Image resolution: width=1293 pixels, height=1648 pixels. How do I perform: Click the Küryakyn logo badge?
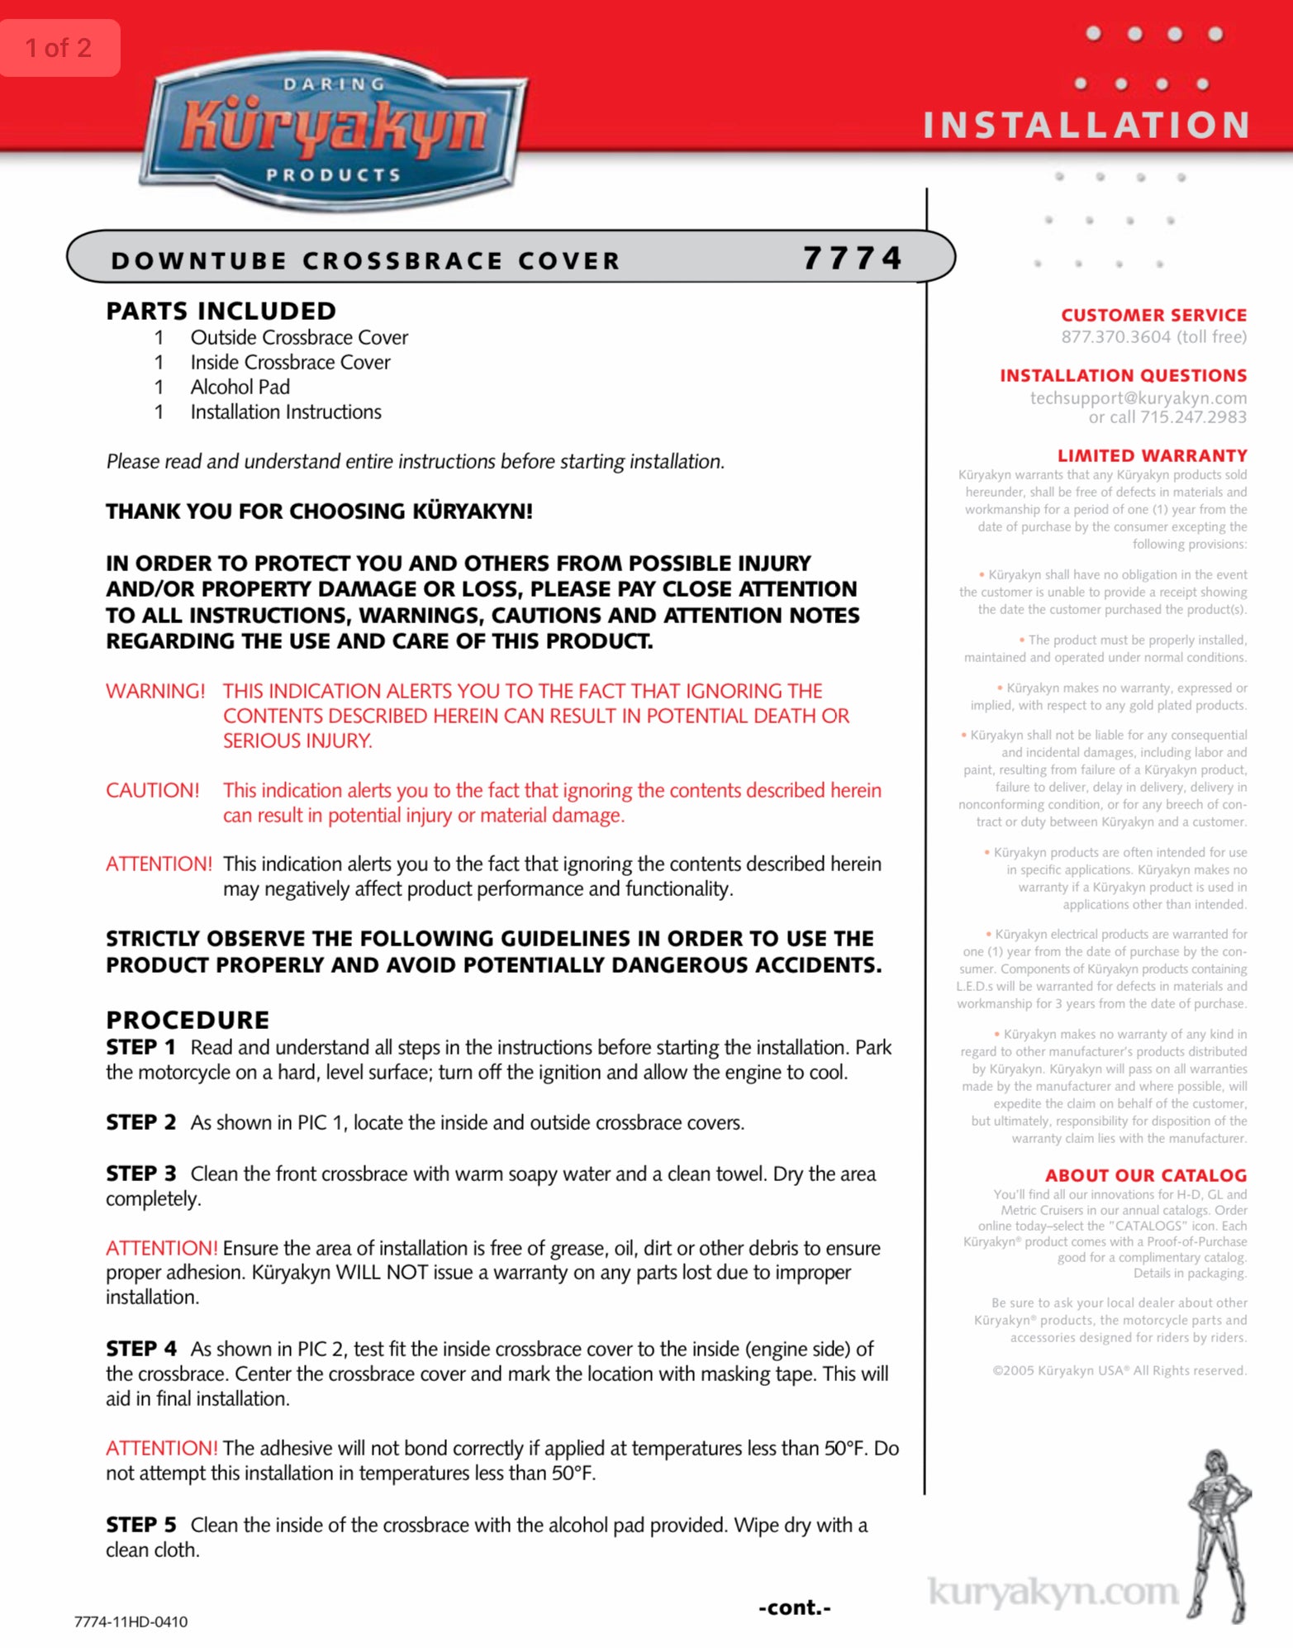(x=334, y=131)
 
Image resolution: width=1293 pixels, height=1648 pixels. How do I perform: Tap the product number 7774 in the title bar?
(x=853, y=259)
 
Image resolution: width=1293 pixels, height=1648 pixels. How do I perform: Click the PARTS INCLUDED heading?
(x=221, y=311)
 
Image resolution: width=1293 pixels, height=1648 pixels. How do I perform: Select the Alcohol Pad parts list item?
(x=240, y=387)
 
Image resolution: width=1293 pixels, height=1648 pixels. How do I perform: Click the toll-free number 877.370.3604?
(x=1115, y=336)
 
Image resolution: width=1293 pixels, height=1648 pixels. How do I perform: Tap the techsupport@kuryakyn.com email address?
(x=1138, y=398)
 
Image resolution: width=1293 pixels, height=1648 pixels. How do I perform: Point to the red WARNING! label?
(x=155, y=691)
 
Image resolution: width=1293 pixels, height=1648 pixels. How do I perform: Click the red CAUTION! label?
(x=153, y=790)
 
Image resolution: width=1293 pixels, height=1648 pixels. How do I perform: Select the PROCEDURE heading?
(x=188, y=1019)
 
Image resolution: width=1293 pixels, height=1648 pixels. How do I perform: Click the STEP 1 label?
(x=140, y=1047)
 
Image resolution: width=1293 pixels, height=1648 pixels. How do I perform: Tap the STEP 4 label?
(x=140, y=1349)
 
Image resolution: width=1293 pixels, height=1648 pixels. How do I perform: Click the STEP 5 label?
(x=140, y=1525)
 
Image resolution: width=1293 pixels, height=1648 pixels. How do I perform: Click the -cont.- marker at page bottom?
(x=795, y=1608)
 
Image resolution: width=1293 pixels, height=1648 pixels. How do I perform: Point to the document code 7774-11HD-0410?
(x=131, y=1622)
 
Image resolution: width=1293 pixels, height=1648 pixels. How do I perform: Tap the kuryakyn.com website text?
(x=1053, y=1592)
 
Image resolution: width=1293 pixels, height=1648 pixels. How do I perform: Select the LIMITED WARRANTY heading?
(x=1152, y=455)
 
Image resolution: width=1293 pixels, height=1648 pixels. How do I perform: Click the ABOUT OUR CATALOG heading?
(x=1145, y=1175)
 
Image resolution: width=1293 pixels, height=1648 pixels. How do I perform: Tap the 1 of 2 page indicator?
(x=59, y=48)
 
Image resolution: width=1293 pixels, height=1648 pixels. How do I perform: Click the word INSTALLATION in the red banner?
(x=1086, y=126)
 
